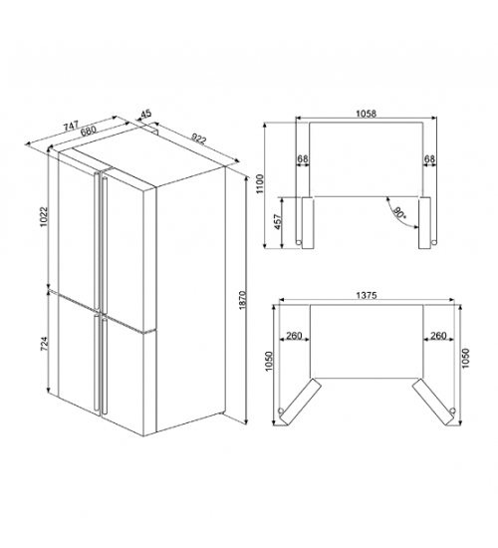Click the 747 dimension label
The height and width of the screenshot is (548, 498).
coord(73,126)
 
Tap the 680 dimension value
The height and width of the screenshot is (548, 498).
coord(88,132)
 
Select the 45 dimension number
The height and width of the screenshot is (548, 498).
coord(145,114)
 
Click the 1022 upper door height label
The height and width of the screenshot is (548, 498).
coord(44,216)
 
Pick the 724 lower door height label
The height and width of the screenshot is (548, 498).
coord(44,345)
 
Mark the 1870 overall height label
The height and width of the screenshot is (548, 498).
coord(244,300)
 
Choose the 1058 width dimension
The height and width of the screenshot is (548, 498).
coord(366,114)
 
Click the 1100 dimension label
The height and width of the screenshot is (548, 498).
coord(260,185)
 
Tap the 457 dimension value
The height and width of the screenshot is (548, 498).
coord(278,221)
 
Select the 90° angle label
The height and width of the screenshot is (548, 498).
coord(399,213)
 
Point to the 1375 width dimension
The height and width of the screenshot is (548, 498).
coord(367,295)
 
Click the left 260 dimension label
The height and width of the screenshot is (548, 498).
coord(294,336)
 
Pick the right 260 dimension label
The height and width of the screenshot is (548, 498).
coord(438,336)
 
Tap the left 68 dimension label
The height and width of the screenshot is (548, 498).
coord(303,159)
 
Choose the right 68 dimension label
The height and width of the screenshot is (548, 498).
coord(429,159)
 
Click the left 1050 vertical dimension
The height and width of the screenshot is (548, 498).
coord(268,361)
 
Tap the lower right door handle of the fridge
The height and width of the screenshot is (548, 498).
coord(104,366)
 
